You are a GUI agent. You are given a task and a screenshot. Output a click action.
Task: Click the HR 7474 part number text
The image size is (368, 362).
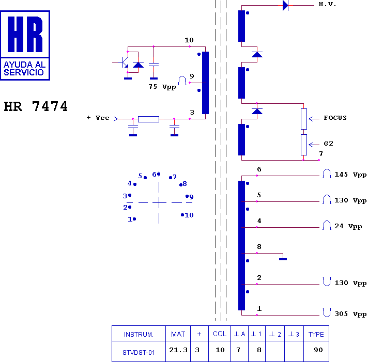click(x=36, y=106)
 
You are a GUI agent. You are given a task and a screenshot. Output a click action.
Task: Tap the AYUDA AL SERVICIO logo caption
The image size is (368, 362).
click(x=24, y=69)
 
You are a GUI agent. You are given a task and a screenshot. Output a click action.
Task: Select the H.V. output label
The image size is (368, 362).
click(x=327, y=4)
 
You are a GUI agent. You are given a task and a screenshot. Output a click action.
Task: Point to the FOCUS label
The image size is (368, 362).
click(x=335, y=118)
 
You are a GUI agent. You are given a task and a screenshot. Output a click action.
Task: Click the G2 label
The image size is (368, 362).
click(x=328, y=144)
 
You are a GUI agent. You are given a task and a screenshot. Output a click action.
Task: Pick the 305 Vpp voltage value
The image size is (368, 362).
click(x=350, y=314)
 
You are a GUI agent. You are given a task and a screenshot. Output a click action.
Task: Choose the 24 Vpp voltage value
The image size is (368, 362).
click(x=348, y=226)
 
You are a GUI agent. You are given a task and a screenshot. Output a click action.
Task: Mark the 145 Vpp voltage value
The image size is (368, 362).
click(x=350, y=175)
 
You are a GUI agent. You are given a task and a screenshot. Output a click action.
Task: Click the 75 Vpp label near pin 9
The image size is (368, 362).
click(x=162, y=87)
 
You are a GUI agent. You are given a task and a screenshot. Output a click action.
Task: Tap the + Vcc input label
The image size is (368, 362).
click(x=98, y=118)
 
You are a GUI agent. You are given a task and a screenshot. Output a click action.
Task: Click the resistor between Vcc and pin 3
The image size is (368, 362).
click(x=148, y=119)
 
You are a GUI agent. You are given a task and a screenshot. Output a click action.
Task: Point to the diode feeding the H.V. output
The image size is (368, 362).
click(x=285, y=5)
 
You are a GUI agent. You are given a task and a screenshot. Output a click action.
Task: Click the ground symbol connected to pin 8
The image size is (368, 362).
click(x=283, y=259)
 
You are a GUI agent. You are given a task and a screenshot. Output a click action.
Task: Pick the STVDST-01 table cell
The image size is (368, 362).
click(x=139, y=352)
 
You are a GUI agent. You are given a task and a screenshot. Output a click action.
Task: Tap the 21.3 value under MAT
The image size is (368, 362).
click(x=178, y=350)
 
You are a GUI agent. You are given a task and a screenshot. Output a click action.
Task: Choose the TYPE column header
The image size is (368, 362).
click(x=316, y=334)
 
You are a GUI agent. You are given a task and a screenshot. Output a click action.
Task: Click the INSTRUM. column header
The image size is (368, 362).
click(x=139, y=334)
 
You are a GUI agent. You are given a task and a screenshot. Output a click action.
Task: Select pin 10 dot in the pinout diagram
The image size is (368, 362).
click(x=182, y=215)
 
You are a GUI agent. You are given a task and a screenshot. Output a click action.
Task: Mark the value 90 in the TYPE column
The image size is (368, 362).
click(x=318, y=350)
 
